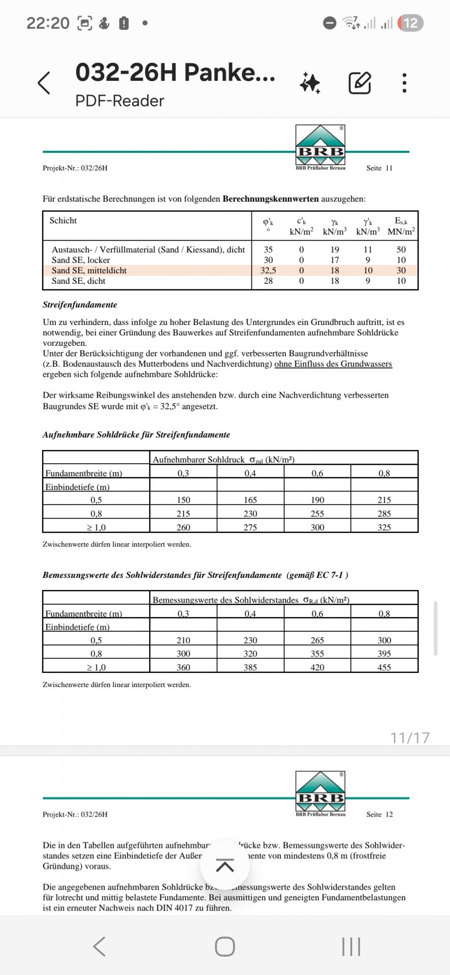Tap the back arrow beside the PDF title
tap(45, 83)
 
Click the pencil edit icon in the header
tap(360, 83)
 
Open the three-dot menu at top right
tap(404, 83)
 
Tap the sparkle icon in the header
tap(310, 83)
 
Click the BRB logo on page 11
tap(320, 145)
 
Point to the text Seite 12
tap(379, 814)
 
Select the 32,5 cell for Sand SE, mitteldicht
tap(268, 271)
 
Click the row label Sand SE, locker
tap(81, 260)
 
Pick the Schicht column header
tap(63, 220)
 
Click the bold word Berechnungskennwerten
tap(270, 199)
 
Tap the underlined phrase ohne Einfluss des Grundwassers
tap(333, 364)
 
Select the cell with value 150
tap(183, 500)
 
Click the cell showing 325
tap(384, 528)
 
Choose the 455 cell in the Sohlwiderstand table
tap(384, 667)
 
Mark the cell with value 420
tap(317, 667)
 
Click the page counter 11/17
tap(410, 737)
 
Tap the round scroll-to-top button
tap(225, 865)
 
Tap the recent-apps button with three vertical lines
tap(351, 947)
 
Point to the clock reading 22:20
tap(48, 23)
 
